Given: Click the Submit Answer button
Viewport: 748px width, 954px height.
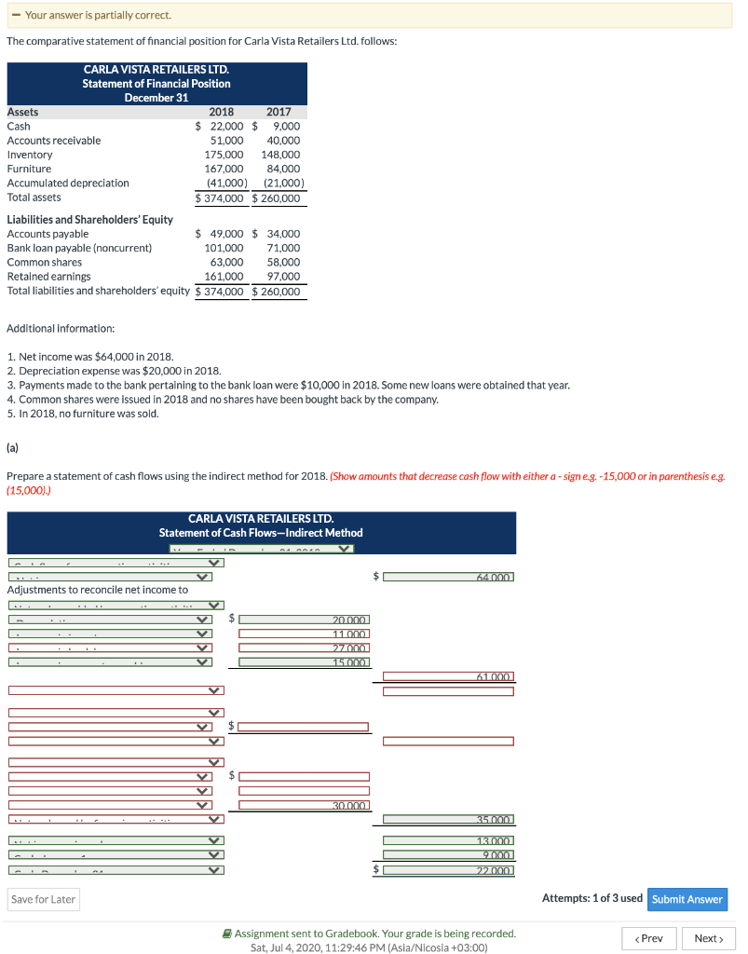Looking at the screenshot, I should click(x=687, y=899).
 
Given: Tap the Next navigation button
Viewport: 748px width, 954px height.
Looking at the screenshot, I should click(x=708, y=938).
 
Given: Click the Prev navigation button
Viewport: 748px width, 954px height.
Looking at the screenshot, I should click(x=648, y=938).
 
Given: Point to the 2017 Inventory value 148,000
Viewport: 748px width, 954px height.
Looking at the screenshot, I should click(x=280, y=155).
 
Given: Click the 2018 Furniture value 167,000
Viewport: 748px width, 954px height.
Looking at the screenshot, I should click(x=224, y=169).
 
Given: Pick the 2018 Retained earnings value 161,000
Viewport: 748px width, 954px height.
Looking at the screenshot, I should click(x=224, y=277).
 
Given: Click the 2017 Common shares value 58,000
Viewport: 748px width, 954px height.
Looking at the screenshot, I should click(x=283, y=263).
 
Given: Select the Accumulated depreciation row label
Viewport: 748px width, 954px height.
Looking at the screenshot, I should click(x=68, y=184).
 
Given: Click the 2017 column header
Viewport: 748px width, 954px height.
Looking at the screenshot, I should click(x=279, y=112).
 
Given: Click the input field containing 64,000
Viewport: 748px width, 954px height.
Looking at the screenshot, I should click(x=449, y=578).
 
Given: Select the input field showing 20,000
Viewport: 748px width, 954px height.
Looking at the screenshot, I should click(x=304, y=620).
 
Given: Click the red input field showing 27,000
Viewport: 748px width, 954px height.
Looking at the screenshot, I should click(x=304, y=648).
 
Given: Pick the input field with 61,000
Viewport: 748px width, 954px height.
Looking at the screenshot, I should click(x=449, y=676).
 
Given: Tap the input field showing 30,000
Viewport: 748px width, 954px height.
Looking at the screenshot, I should click(x=304, y=805).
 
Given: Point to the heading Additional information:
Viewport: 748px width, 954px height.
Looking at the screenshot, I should click(x=61, y=329).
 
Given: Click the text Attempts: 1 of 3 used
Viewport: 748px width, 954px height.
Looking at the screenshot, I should click(x=592, y=898).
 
